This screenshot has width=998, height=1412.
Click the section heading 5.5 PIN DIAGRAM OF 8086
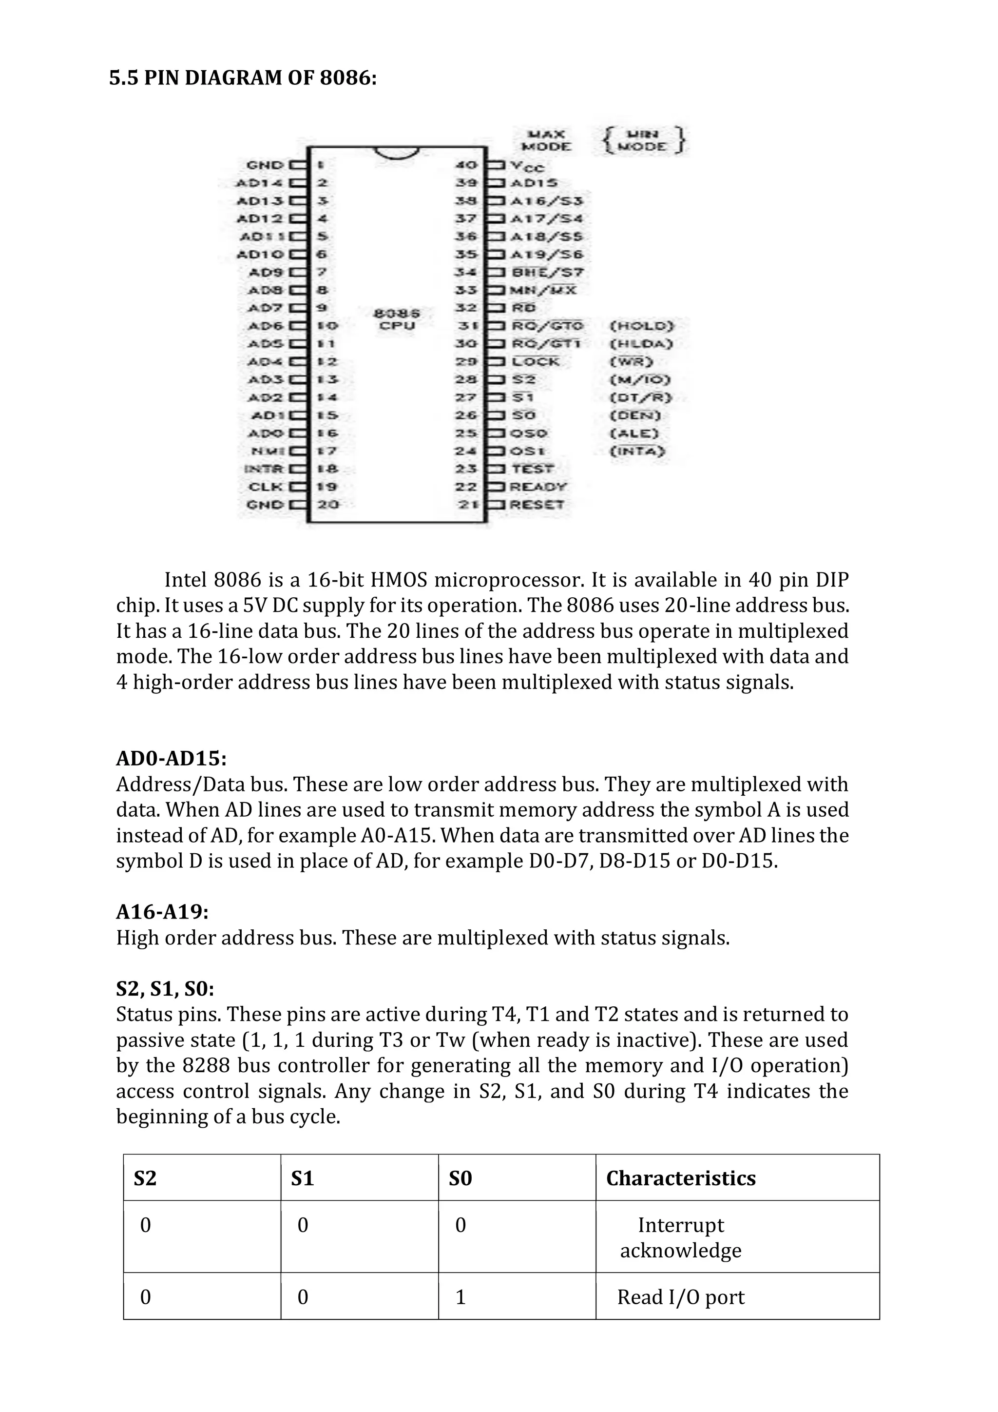[x=243, y=78]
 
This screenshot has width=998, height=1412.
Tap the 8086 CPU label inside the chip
[x=397, y=319]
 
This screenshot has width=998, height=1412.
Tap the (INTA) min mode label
[x=637, y=451]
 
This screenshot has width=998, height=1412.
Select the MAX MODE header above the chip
[x=546, y=140]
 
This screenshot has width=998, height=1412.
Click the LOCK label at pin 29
[x=535, y=362]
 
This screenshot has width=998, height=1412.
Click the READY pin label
[x=538, y=487]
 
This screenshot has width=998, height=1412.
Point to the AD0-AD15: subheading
[x=172, y=758]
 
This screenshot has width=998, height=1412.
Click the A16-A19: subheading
[x=162, y=911]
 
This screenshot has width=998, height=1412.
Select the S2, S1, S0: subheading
[x=165, y=988]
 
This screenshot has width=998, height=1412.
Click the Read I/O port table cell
[x=680, y=1297]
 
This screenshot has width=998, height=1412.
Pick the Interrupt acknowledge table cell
[x=680, y=1237]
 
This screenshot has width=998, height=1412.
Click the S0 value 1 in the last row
[x=461, y=1297]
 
